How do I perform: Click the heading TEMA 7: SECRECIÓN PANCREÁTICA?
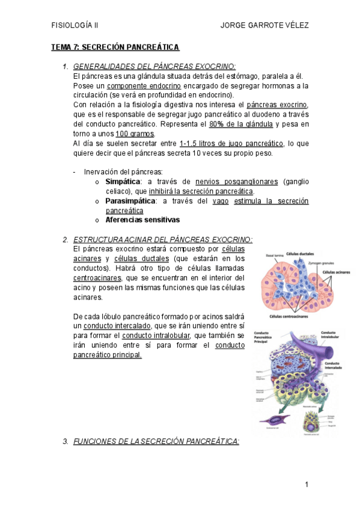[x=115, y=47]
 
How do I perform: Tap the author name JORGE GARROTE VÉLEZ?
[x=265, y=25]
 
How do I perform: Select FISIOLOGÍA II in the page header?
[x=75, y=25]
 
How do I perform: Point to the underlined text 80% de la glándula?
[x=240, y=124]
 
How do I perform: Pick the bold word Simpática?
[x=123, y=182]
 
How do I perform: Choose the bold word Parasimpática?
[x=130, y=201]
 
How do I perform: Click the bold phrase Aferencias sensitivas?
[x=142, y=220]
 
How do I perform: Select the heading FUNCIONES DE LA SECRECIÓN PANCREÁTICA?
[x=156, y=441]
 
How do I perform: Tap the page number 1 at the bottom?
[x=306, y=484]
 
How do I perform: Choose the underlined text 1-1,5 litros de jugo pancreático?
[x=231, y=143]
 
